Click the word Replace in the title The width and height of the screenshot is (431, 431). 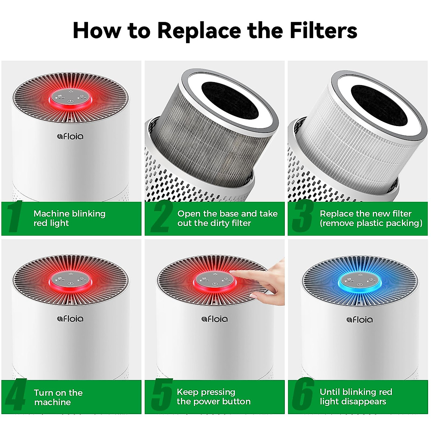click(199, 30)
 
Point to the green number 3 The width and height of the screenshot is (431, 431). click(302, 217)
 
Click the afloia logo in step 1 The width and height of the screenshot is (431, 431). click(70, 136)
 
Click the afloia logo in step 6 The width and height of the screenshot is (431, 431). click(360, 319)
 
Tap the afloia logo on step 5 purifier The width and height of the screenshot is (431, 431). click(214, 319)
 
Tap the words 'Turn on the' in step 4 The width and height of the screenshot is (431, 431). click(58, 393)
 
